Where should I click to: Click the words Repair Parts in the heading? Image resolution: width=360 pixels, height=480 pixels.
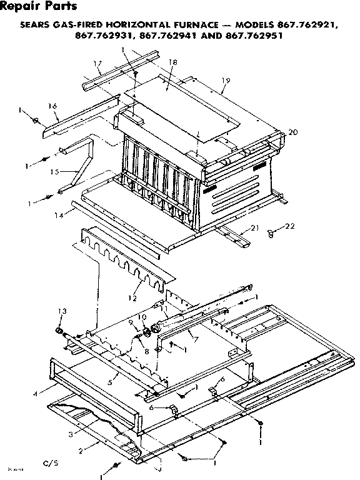pyautogui.click(x=39, y=7)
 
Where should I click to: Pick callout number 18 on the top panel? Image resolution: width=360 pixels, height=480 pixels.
pyautogui.click(x=172, y=62)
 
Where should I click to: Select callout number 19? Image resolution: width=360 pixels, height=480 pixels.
pyautogui.click(x=226, y=80)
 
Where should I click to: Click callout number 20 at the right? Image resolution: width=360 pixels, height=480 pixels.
pyautogui.click(x=293, y=132)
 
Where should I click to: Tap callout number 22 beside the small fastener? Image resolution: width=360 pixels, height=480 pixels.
pyautogui.click(x=289, y=226)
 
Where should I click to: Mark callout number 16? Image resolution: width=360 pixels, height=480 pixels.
pyautogui.click(x=53, y=107)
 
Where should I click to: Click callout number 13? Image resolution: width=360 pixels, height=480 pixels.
pyautogui.click(x=61, y=311)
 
